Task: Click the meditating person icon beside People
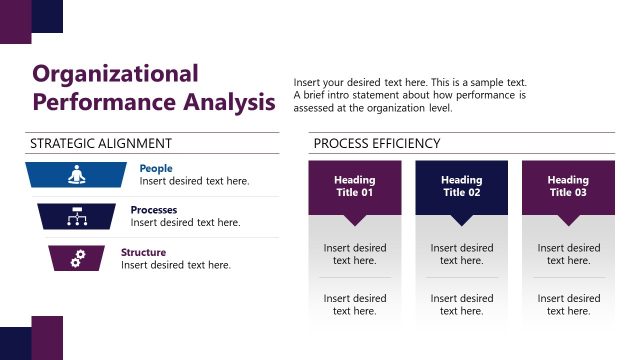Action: [77, 175]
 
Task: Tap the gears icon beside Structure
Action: [77, 258]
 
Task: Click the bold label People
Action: [156, 169]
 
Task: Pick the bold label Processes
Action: [154, 210]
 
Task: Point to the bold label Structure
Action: [144, 252]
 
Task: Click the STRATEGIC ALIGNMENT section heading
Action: [101, 144]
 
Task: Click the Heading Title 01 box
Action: [354, 186]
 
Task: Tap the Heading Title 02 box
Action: [461, 186]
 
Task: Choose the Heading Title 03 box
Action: [568, 186]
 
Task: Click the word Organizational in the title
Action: [115, 74]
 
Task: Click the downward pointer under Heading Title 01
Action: [354, 220]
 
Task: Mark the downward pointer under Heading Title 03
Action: [568, 220]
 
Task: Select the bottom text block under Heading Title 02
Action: [461, 304]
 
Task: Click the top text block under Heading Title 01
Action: [354, 254]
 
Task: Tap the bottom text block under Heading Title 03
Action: [568, 304]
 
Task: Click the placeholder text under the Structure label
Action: [176, 265]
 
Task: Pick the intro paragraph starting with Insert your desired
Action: [410, 95]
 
